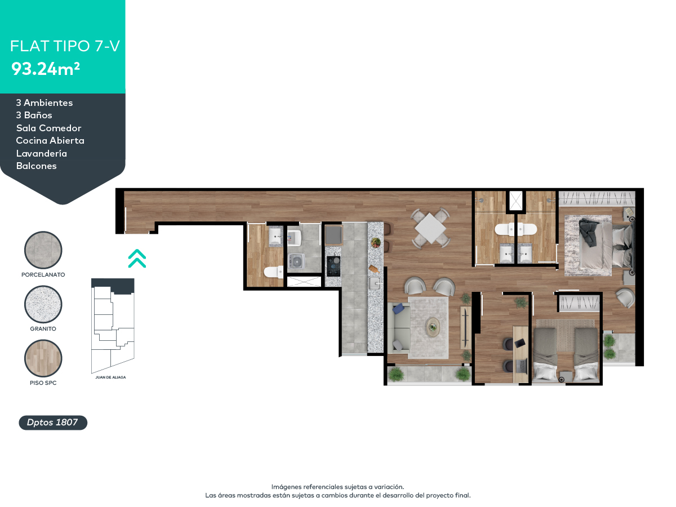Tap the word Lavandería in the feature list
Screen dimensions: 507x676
(42, 153)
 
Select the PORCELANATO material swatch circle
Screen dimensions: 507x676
(43, 251)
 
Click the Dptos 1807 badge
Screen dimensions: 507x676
(53, 422)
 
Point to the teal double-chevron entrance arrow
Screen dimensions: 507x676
(137, 258)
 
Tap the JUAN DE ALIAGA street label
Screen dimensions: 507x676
(111, 377)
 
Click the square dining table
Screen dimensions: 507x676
(430, 228)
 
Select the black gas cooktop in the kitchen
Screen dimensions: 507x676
(333, 266)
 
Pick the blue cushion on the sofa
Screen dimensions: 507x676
(399, 308)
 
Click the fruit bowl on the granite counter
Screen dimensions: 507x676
(375, 243)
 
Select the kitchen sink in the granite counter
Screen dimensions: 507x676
(375, 283)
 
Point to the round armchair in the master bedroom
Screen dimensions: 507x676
(625, 297)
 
